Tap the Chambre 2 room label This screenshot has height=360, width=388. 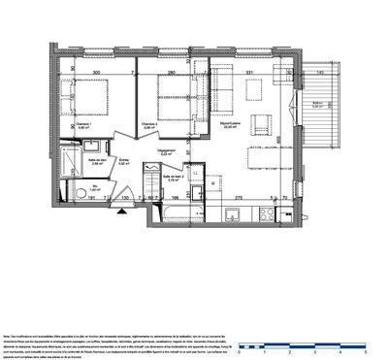[x=147, y=125]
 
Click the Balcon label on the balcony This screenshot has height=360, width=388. [x=315, y=105]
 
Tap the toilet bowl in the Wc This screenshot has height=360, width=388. [x=77, y=195]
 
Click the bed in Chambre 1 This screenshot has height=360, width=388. [x=96, y=100]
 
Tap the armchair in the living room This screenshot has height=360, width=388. [x=257, y=89]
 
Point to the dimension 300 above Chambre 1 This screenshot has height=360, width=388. [x=95, y=72]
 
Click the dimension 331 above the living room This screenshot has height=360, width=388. [x=249, y=72]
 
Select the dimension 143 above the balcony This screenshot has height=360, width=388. [x=318, y=72]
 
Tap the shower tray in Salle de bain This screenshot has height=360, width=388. [x=67, y=160]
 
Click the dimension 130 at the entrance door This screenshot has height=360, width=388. [x=126, y=198]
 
